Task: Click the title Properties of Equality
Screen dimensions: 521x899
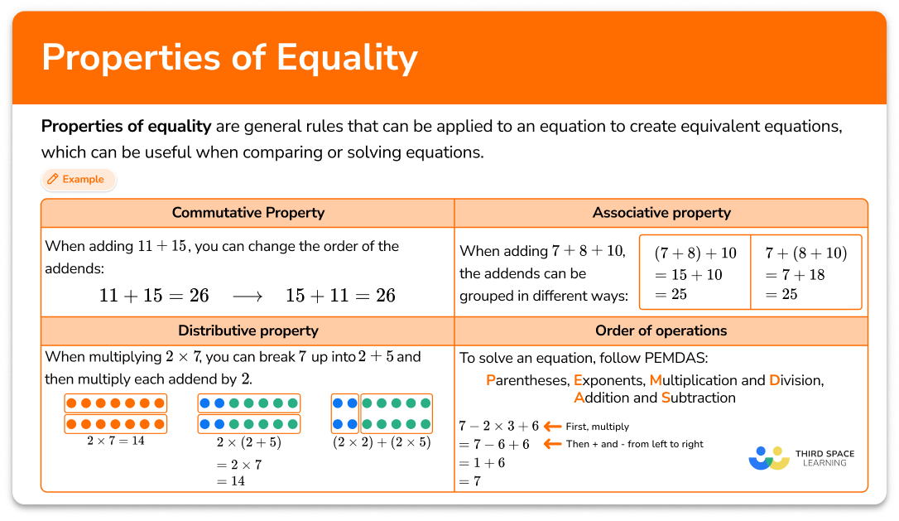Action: pos(229,58)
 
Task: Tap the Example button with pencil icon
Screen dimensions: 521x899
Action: pos(75,179)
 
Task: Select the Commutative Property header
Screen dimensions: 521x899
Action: pos(248,213)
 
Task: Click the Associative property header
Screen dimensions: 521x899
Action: pos(661,213)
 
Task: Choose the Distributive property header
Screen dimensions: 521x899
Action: pos(248,330)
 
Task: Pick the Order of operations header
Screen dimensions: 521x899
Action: pos(661,330)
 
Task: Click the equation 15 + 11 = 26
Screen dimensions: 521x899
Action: pos(340,295)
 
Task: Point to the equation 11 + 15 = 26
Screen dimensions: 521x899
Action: pos(154,295)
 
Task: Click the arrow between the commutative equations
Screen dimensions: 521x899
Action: pos(247,296)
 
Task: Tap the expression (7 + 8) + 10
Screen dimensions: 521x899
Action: pos(695,253)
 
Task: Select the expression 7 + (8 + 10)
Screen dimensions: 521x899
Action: pos(805,253)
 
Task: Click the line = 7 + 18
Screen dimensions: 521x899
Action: pos(795,274)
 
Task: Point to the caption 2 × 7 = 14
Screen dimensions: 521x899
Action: pos(115,441)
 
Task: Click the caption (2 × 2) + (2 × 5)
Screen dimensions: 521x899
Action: pos(382,441)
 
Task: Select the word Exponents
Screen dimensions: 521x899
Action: pos(608,380)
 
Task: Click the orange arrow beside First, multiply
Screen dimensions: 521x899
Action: pos(551,427)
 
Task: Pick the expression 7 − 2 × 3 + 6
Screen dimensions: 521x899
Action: pos(499,426)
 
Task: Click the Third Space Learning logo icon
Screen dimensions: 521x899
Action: pos(769,458)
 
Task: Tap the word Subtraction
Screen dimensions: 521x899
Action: pos(699,398)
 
